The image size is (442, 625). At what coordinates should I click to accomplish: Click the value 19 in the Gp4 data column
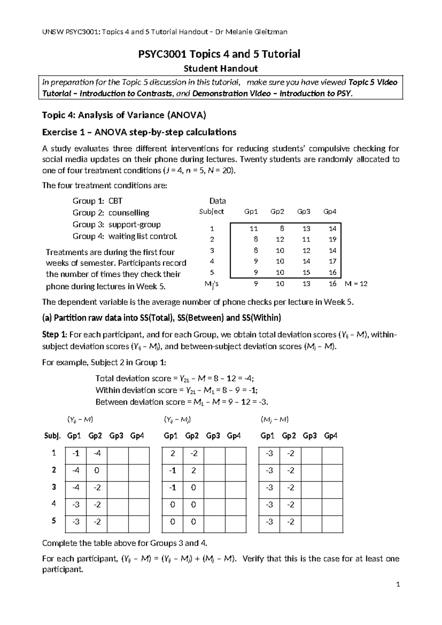pyautogui.click(x=332, y=239)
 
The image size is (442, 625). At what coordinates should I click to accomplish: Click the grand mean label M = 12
pyautogui.click(x=356, y=283)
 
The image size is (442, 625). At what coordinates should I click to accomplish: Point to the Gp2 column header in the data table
pyautogui.click(x=277, y=212)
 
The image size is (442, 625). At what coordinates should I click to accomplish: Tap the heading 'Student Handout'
pyautogui.click(x=221, y=68)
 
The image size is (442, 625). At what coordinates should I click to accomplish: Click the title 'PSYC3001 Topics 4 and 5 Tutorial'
pyautogui.click(x=219, y=54)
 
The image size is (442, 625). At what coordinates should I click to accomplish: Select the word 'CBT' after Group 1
pyautogui.click(x=115, y=201)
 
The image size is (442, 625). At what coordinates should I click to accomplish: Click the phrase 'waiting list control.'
pyautogui.click(x=143, y=236)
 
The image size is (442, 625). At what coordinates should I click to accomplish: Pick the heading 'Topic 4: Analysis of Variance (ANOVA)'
pyautogui.click(x=124, y=115)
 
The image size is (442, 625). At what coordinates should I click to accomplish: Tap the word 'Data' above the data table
pyautogui.click(x=217, y=201)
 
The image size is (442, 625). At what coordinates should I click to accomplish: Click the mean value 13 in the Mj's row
pyautogui.click(x=306, y=283)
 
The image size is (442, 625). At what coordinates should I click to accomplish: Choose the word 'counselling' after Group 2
pyautogui.click(x=129, y=213)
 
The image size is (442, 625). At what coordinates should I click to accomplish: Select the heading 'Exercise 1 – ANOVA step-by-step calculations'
pyautogui.click(x=139, y=132)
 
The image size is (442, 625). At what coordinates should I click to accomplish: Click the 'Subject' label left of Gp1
pyautogui.click(x=211, y=212)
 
